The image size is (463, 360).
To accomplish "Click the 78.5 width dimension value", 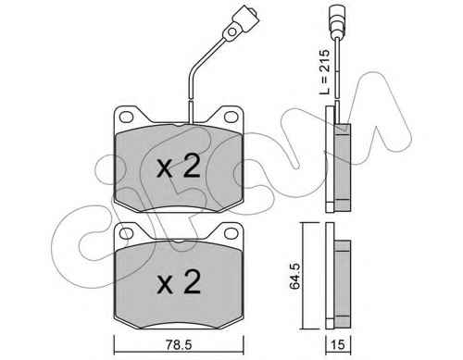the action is [x=179, y=344].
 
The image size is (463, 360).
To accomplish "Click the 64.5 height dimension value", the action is [x=294, y=277].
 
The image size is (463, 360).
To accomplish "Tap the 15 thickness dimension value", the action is [x=338, y=344].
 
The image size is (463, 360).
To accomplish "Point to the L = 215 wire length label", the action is [x=324, y=72].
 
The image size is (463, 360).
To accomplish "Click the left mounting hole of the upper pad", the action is [x=126, y=118].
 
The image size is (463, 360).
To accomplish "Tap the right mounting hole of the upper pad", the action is [x=231, y=118].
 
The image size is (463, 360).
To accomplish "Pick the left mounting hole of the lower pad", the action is [x=126, y=233].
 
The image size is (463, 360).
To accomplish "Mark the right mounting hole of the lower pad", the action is [x=231, y=233].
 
